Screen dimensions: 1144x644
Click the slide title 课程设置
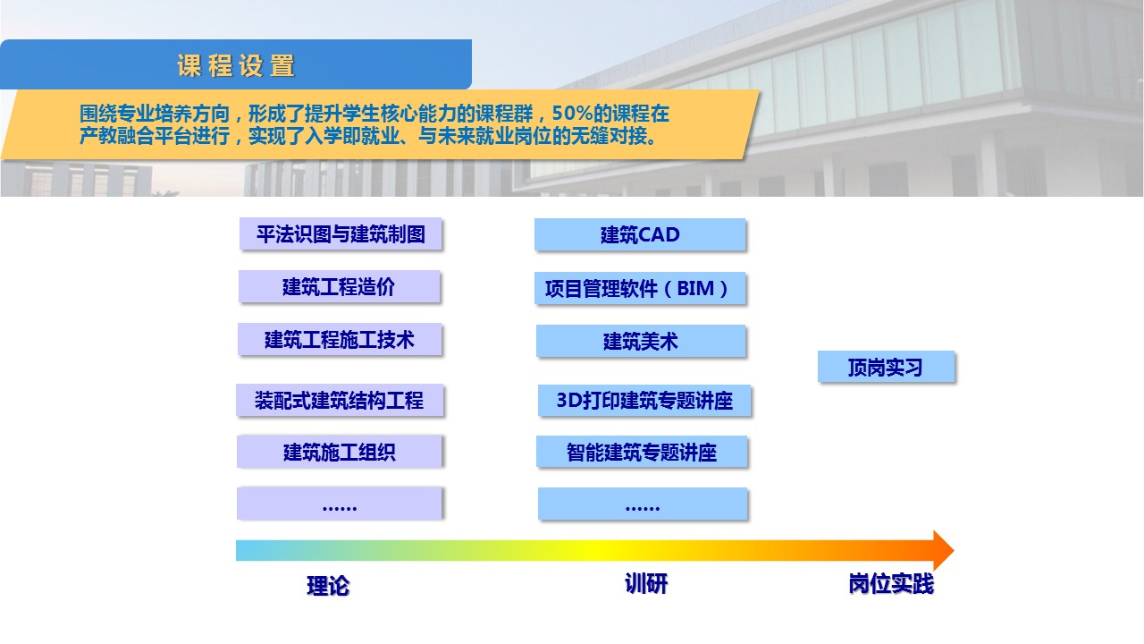[236, 66]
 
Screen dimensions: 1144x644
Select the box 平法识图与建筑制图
[341, 234]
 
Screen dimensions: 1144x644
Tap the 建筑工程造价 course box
[339, 287]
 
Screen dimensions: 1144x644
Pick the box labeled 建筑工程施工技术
[340, 339]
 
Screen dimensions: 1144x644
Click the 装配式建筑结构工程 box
[340, 400]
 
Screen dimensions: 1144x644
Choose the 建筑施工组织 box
[340, 452]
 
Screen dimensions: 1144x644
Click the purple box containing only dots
[340, 504]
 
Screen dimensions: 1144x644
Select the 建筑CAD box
[640, 234]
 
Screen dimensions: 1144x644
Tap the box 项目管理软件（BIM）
[640, 289]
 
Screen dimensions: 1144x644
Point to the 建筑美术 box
[641, 341]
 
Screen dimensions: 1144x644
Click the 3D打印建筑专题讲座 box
[644, 401]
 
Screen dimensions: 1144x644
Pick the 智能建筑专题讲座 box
[642, 452]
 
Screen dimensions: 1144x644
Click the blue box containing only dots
[643, 504]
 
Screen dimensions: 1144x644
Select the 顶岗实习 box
[886, 367]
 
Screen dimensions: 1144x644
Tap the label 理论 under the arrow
[328, 586]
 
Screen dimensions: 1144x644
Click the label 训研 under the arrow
[646, 584]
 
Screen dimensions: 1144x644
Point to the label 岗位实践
[891, 584]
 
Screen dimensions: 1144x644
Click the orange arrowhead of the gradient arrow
[943, 550]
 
